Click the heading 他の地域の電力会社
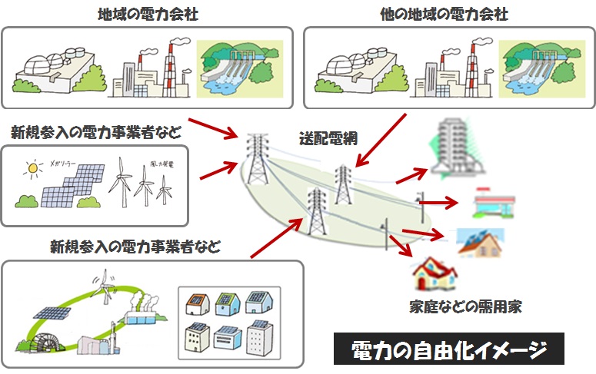(444, 14)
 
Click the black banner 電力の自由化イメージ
(448, 349)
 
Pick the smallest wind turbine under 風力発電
(162, 188)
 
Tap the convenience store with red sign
(490, 203)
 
